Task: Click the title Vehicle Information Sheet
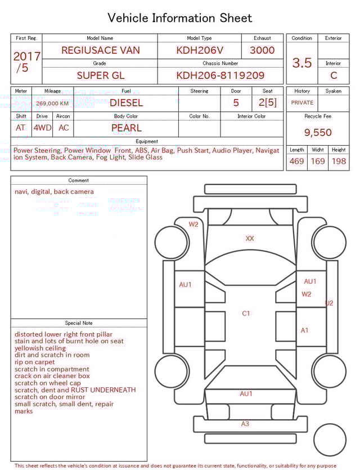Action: click(180, 18)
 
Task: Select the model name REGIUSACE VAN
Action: click(101, 50)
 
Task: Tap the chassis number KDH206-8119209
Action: click(220, 75)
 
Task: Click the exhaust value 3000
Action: click(262, 50)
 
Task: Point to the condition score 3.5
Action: click(302, 63)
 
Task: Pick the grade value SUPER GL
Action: click(101, 75)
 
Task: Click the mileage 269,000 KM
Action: click(52, 104)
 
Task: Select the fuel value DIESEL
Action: click(126, 103)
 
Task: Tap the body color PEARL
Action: click(126, 128)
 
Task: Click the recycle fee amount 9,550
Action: click(318, 133)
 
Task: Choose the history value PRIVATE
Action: click(302, 103)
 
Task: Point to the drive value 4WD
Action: click(42, 128)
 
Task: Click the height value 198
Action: click(339, 162)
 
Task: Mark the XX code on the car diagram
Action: click(250, 239)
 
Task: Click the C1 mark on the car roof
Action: click(246, 314)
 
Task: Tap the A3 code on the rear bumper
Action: click(245, 424)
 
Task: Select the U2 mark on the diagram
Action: click(329, 303)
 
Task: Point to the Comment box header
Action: click(79, 181)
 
